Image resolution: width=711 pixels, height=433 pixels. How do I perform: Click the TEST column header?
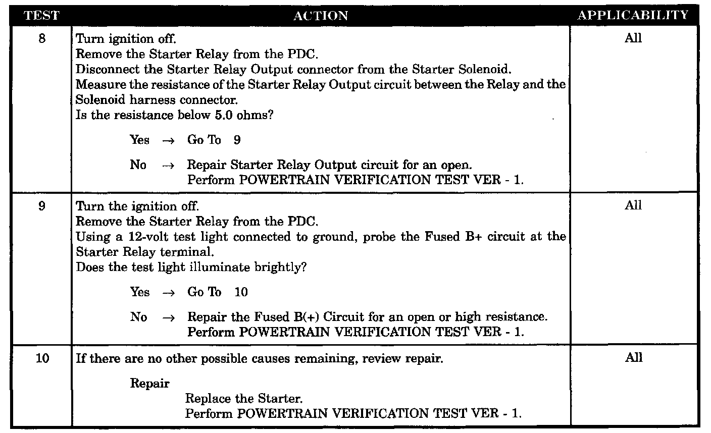[x=41, y=16]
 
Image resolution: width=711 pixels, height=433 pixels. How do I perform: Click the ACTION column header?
[x=321, y=16]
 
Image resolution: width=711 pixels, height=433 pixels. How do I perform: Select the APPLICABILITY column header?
[x=633, y=15]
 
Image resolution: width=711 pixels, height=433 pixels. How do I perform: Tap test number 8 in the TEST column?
[x=42, y=38]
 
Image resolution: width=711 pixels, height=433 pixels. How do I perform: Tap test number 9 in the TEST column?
[x=42, y=206]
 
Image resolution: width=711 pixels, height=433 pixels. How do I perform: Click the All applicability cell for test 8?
[x=633, y=38]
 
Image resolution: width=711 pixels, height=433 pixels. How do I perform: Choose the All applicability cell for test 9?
[x=633, y=206]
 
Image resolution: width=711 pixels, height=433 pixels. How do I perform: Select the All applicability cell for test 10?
[x=633, y=358]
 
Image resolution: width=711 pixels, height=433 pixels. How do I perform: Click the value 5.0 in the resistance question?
[x=221, y=115]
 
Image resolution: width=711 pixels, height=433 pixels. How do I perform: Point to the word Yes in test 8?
[x=140, y=140]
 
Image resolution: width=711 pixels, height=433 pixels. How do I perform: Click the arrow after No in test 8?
[x=168, y=166]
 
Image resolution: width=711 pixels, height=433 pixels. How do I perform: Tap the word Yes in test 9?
[x=140, y=292]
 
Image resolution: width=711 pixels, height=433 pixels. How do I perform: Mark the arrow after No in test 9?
[x=168, y=317]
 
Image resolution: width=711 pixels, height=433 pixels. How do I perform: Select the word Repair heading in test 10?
[x=150, y=384]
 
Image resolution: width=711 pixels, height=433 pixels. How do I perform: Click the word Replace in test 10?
[x=209, y=399]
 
